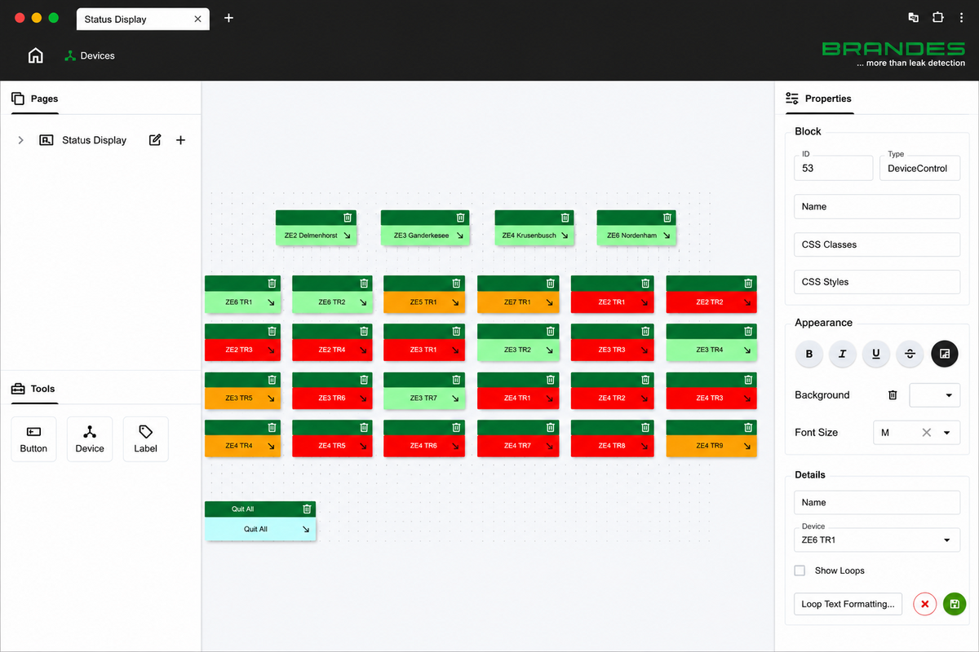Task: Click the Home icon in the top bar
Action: [35, 55]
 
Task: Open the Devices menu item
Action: [90, 56]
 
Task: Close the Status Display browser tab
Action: [198, 19]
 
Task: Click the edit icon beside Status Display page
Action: [155, 139]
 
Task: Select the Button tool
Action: [33, 439]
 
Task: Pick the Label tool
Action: [145, 439]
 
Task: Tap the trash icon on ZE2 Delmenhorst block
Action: [348, 218]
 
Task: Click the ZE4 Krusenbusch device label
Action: [529, 236]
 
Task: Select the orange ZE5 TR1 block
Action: [424, 302]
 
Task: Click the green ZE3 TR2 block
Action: [518, 350]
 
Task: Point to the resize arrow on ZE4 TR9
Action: [747, 446]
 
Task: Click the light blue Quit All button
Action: [260, 529]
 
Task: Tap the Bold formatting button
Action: [809, 354]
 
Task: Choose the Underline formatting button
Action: [876, 354]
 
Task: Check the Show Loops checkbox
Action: [800, 570]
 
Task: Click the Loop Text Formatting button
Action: [848, 604]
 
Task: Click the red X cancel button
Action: [925, 604]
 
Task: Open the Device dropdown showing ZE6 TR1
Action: [877, 540]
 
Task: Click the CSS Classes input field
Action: [877, 244]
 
